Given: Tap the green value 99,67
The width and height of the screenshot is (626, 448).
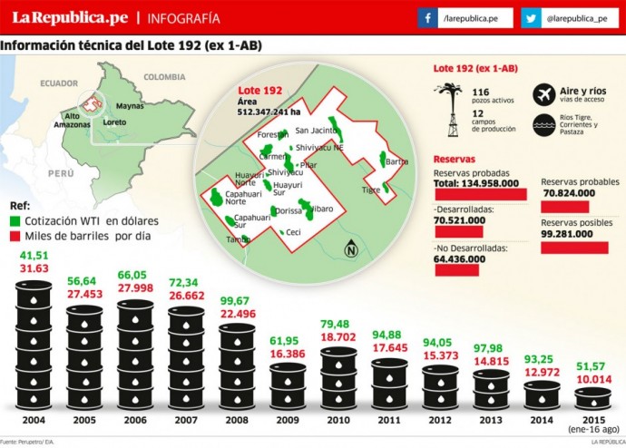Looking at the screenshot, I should point(240,301).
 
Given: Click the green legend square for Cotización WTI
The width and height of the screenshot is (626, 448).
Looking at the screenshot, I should point(15,220).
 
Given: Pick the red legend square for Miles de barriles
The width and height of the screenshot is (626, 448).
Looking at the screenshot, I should point(15,236).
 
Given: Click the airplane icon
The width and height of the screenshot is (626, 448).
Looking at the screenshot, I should point(544,93).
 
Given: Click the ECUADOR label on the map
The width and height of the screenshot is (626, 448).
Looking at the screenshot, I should point(59,83).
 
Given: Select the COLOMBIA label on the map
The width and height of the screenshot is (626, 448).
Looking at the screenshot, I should point(164,77).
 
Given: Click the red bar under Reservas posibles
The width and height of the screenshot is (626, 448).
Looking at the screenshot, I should point(574,248).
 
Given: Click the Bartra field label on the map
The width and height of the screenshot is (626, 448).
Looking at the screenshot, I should point(397,162).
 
